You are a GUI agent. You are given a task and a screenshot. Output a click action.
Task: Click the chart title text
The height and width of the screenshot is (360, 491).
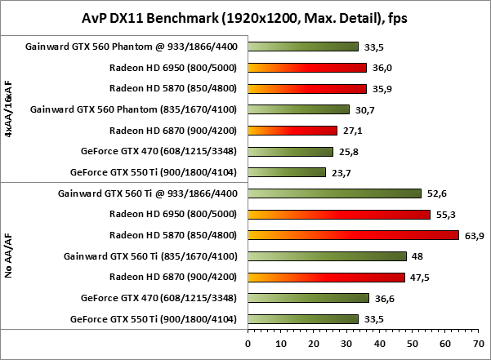coord(244,17)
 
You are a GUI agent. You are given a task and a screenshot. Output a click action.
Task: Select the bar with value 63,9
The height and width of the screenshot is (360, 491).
coord(354,235)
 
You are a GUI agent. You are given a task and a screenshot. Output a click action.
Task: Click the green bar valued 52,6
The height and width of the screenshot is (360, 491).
coord(335,193)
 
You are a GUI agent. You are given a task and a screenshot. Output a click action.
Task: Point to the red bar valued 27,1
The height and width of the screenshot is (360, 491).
coord(292,130)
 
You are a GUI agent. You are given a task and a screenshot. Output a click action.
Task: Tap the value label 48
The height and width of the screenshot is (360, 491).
coord(417,256)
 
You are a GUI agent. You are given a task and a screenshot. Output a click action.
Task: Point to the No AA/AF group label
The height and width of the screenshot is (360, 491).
coord(9,256)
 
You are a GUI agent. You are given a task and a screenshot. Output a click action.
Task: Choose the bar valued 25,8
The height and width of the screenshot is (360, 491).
coord(291,151)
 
